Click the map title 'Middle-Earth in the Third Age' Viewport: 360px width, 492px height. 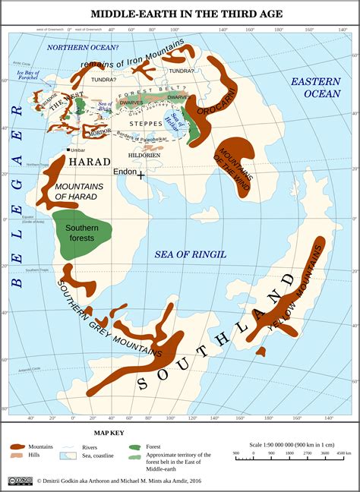(x=180, y=14)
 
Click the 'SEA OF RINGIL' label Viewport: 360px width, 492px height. (x=190, y=254)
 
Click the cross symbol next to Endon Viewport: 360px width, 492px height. (x=141, y=175)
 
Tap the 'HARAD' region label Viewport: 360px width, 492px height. (x=90, y=162)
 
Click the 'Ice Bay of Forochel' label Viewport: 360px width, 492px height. (x=28, y=76)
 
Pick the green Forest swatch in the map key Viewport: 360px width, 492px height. (x=135, y=447)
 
